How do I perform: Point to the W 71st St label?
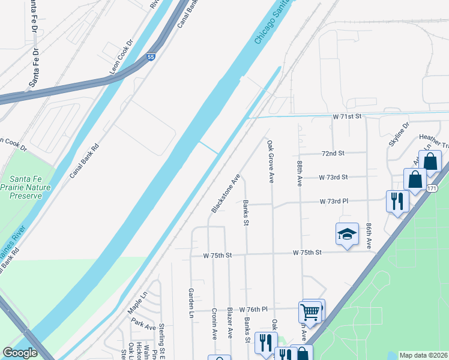click(349, 115)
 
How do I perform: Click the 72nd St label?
click(333, 154)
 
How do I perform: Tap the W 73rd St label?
click(333, 177)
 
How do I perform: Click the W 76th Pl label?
click(253, 310)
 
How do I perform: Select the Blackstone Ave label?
click(225, 193)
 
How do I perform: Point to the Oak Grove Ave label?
click(271, 161)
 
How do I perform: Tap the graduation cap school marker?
click(347, 235)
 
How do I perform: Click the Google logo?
click(20, 353)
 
